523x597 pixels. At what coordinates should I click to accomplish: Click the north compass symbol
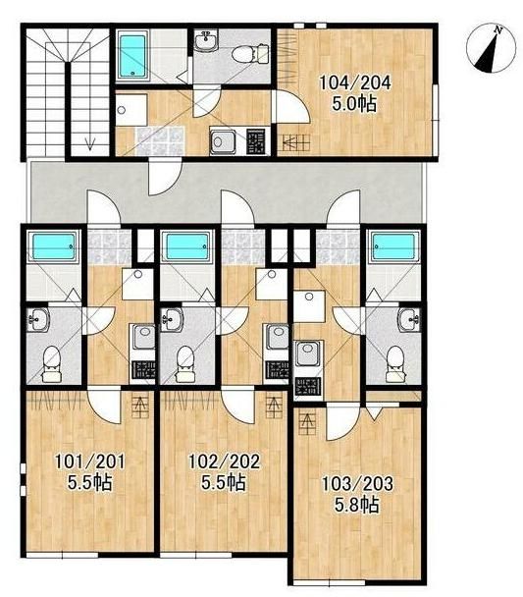pyautogui.click(x=492, y=48)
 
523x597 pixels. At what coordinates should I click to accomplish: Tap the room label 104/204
pyautogui.click(x=354, y=82)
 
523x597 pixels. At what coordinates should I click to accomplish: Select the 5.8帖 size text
pyautogui.click(x=356, y=505)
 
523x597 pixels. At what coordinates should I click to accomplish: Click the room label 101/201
pyautogui.click(x=89, y=462)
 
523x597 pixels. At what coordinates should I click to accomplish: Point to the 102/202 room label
pyautogui.click(x=225, y=461)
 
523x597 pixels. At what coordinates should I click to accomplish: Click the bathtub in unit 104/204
pyautogui.click(x=132, y=56)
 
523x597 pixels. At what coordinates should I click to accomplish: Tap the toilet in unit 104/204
pyautogui.click(x=250, y=54)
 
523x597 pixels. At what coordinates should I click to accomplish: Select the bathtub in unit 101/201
pyautogui.click(x=53, y=246)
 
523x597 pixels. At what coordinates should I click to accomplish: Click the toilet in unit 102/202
pyautogui.click(x=185, y=363)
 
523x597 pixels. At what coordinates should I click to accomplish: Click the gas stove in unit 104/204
pyautogui.click(x=255, y=141)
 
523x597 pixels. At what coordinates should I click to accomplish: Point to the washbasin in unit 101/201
pyautogui.click(x=38, y=319)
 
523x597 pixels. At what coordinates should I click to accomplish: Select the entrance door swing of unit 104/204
pyautogui.click(x=164, y=177)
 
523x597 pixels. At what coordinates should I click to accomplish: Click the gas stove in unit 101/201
pyautogui.click(x=143, y=370)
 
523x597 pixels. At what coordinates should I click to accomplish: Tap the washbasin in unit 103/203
pyautogui.click(x=409, y=319)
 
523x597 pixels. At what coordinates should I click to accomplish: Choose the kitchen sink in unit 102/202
pyautogui.click(x=277, y=337)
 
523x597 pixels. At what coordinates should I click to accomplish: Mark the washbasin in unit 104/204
pyautogui.click(x=207, y=41)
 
